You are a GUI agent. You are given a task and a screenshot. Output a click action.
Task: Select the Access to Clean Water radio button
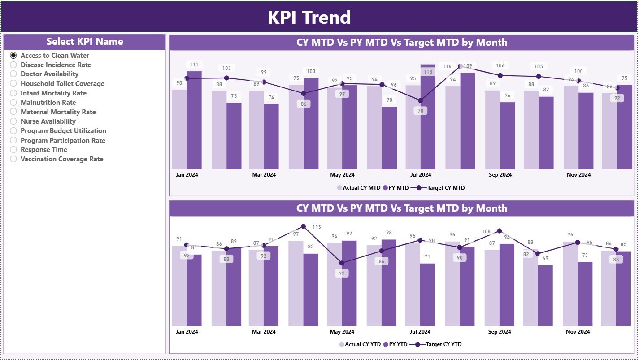[13, 56]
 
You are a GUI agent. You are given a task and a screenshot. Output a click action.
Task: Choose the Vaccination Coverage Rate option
[13, 159]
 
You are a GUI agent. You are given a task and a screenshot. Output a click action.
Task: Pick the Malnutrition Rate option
[13, 103]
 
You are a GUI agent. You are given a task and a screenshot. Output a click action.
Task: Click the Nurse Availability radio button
[13, 121]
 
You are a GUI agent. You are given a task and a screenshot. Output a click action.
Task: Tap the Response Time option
[13, 150]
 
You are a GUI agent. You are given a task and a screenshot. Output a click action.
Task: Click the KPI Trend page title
[309, 17]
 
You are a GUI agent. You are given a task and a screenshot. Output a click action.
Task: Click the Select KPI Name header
[85, 42]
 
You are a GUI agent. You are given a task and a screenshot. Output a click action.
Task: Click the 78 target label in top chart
[420, 111]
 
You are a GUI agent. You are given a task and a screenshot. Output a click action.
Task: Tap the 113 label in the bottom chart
[317, 227]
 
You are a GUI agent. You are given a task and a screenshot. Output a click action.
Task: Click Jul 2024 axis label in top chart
[421, 175]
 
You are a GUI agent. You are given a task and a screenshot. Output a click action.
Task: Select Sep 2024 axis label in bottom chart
[499, 332]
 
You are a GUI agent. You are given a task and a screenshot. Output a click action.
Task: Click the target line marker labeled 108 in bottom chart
[500, 231]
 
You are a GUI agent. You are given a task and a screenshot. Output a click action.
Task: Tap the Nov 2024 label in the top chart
[578, 175]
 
